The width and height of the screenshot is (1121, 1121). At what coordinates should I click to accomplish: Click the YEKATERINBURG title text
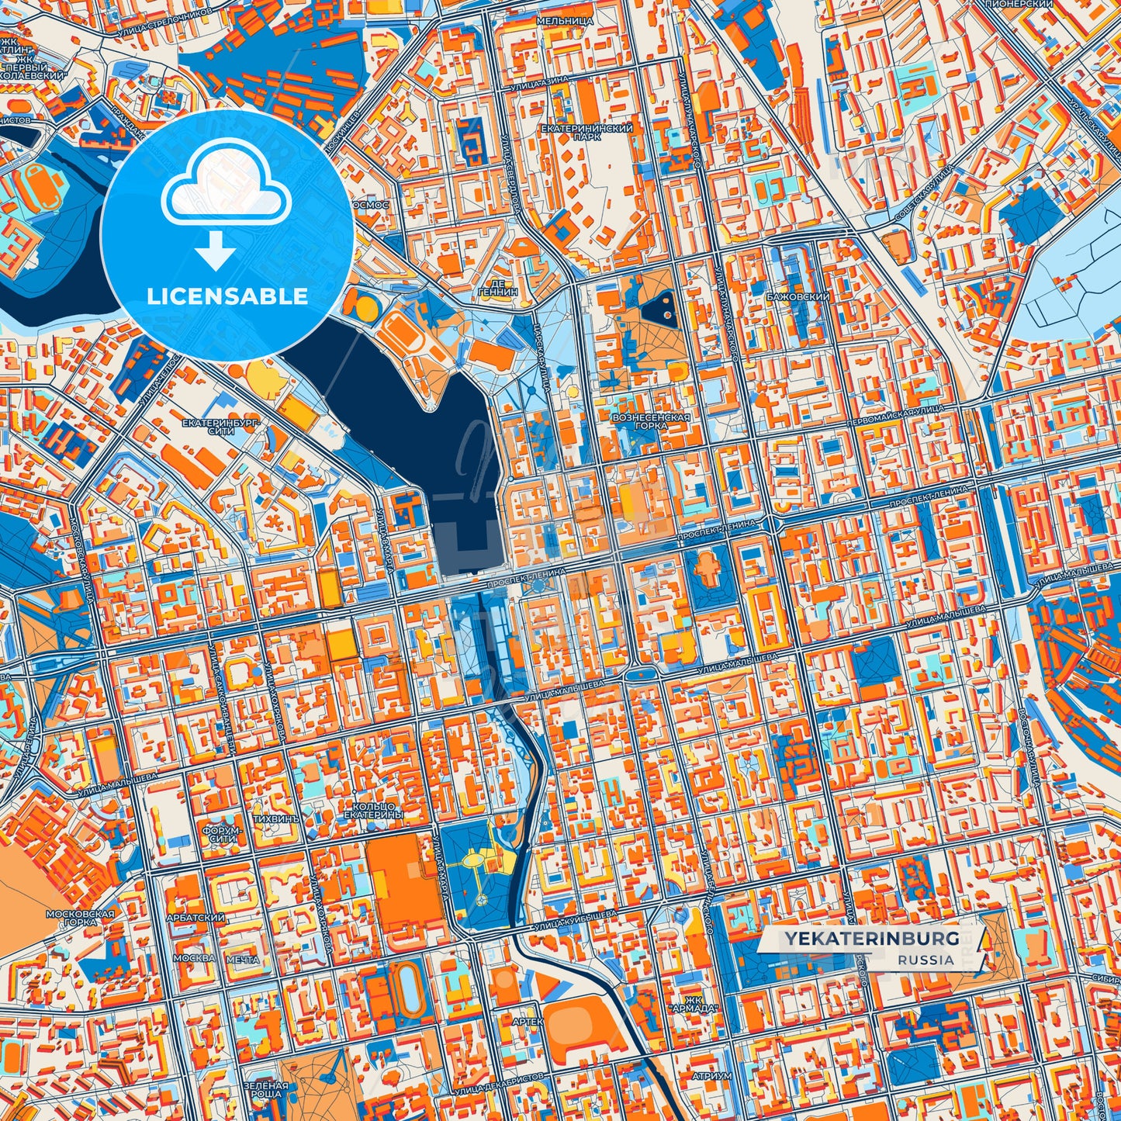[x=870, y=939]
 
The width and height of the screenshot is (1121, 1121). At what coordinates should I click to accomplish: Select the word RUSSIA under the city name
[x=926, y=960]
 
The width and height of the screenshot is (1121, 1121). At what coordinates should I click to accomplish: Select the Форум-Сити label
[x=222, y=834]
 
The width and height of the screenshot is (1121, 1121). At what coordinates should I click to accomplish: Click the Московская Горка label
[x=80, y=918]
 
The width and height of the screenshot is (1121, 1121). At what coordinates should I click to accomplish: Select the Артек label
[x=528, y=1022]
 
